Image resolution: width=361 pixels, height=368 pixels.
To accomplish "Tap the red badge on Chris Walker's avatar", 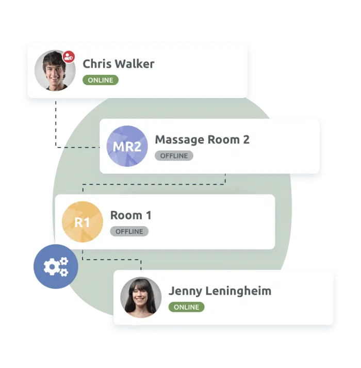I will point(69,56).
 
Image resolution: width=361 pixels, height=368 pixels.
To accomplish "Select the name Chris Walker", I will point(118,64).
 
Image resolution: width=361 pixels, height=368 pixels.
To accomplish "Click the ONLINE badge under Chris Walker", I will point(101,80).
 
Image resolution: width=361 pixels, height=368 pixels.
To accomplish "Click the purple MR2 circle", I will point(127,147).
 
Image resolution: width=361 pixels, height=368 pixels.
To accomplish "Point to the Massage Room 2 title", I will point(202,140).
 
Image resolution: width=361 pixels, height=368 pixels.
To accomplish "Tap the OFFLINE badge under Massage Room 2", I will point(174,156).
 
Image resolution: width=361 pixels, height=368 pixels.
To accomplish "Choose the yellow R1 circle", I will point(83,222).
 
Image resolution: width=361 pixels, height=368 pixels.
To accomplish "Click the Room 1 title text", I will point(131,215).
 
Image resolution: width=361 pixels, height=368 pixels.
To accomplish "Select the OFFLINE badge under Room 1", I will point(129,231).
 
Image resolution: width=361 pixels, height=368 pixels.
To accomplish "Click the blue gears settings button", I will point(56,266).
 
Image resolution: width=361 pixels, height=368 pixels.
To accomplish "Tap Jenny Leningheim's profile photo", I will point(141,298).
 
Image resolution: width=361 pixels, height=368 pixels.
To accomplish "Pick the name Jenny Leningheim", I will point(220,291).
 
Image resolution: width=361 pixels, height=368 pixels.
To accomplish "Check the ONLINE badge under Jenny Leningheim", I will point(186,307).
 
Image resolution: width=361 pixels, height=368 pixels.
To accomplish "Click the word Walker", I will point(134,64).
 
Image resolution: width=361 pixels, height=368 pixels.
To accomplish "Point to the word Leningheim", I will point(238,291).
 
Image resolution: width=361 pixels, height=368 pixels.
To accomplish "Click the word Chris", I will point(96,64).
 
